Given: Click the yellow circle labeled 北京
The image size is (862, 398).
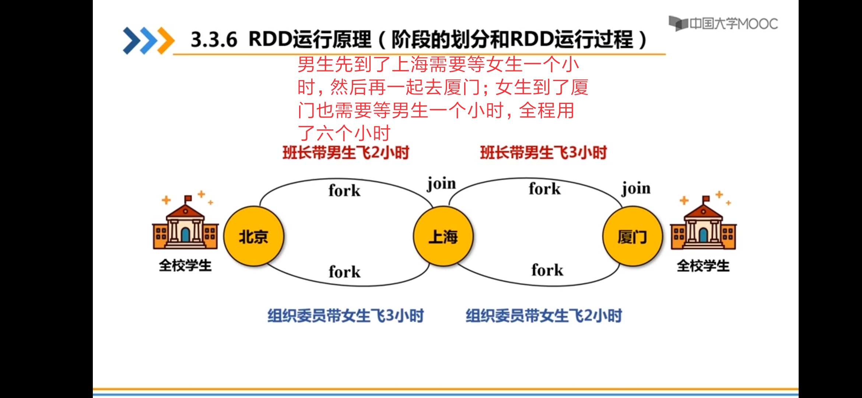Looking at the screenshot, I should click(254, 236).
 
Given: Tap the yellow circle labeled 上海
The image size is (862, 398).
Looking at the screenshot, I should click(443, 236).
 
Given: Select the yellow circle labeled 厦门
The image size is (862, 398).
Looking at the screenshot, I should click(633, 236).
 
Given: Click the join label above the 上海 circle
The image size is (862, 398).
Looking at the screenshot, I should click(441, 184).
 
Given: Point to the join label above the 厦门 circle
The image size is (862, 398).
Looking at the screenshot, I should click(636, 188).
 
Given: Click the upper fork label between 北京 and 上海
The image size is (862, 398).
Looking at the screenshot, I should click(344, 191).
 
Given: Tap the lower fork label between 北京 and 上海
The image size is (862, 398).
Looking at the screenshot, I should click(344, 272).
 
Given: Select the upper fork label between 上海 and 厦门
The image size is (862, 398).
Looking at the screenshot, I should click(544, 189).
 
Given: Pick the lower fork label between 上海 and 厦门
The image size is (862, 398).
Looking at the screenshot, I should click(547, 270).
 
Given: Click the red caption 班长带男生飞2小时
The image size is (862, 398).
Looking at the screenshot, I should click(346, 153).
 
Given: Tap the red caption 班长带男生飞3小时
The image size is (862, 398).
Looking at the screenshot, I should click(543, 153).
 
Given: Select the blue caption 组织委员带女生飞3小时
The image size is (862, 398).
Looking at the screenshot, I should click(346, 316).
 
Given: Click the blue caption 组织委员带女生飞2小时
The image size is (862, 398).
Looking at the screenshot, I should click(544, 316).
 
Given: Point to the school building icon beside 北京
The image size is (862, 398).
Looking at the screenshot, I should click(185, 225).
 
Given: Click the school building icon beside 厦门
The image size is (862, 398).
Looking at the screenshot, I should click(703, 225).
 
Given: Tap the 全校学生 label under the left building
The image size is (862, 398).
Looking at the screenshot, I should click(185, 265).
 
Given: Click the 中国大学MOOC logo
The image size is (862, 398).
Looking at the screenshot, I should click(723, 24).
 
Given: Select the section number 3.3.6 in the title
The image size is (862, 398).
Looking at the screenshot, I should click(214, 40).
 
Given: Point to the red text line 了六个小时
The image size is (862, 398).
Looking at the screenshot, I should click(344, 133).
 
